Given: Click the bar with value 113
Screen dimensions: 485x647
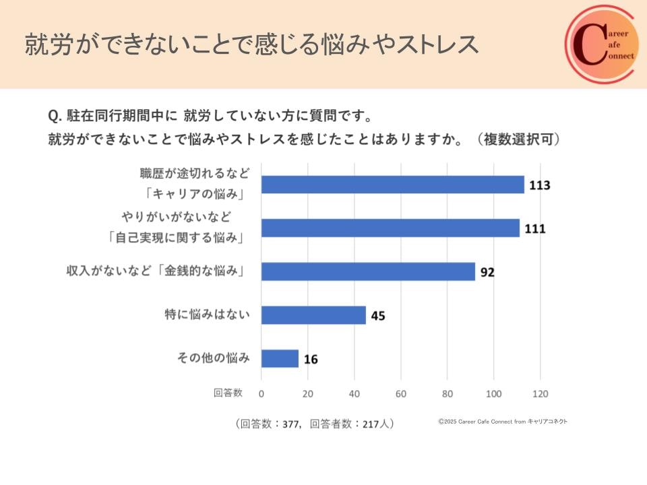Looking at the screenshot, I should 392,185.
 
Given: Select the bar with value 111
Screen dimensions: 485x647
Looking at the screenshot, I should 390,228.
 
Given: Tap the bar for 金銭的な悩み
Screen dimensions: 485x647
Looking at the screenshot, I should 368,271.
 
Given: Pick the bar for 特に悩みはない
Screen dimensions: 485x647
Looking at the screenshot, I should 313,315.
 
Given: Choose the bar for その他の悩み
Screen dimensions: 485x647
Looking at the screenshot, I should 280,358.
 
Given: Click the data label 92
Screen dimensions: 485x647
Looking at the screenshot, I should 487,272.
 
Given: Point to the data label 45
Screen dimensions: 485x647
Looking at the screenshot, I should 378,316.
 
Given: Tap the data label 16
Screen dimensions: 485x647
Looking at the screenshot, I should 310,359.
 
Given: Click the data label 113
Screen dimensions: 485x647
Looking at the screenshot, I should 540,185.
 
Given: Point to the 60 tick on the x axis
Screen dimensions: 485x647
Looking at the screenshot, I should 401,393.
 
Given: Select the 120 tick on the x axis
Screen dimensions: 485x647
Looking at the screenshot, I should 541,393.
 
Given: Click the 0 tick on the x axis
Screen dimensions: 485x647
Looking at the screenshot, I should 261,393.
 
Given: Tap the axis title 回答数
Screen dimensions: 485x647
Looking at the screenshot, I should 228,393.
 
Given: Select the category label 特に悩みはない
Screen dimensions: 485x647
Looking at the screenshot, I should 208,315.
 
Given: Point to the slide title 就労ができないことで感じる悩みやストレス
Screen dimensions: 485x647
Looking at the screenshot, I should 251,44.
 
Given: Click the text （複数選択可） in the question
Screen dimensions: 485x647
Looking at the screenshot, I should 518,140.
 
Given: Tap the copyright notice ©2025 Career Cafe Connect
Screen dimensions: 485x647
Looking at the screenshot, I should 503,422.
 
